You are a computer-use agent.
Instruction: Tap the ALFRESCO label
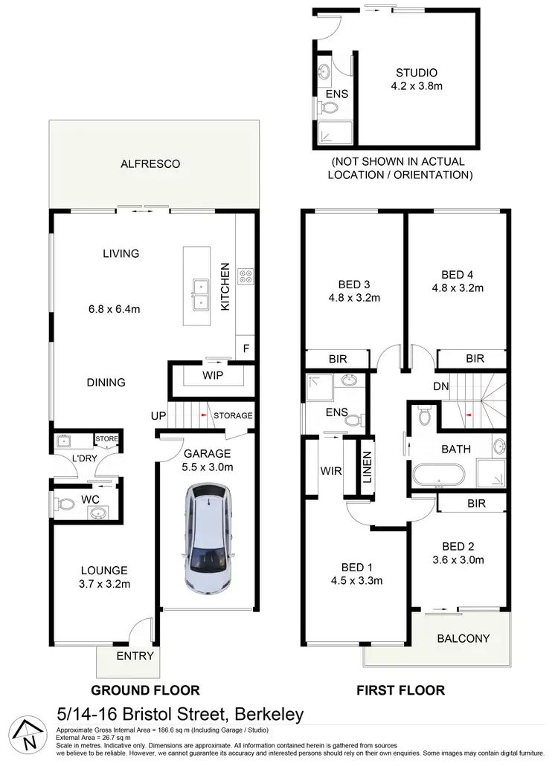[x=151, y=163]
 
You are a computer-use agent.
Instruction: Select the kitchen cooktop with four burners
[x=246, y=276]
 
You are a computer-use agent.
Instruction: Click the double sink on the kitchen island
[x=199, y=293]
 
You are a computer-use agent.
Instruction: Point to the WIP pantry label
[x=213, y=376]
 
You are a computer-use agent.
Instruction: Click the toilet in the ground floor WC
[x=67, y=504]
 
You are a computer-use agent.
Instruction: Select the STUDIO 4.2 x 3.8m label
[x=416, y=79]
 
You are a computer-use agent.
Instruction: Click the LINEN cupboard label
[x=367, y=468]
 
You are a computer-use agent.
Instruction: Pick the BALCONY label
[x=463, y=638]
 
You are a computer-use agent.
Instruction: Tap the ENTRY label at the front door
[x=135, y=655]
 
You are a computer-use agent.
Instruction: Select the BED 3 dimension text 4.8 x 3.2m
[x=354, y=298]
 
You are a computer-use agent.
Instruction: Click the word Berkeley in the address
[x=269, y=715]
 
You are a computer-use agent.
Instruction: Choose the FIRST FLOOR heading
[x=400, y=690]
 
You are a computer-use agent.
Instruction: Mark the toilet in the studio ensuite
[x=327, y=110]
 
